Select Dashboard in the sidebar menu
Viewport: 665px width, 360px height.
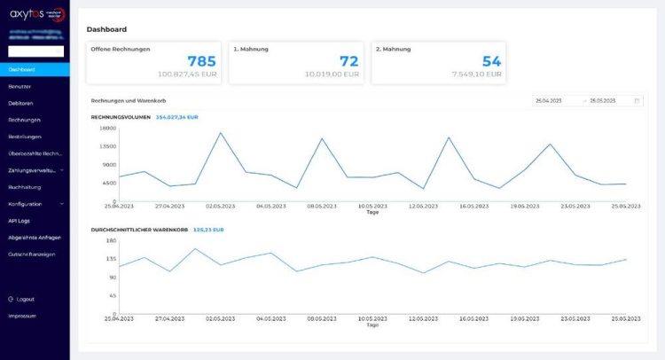coord(21,69)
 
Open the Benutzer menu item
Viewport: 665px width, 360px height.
coord(20,86)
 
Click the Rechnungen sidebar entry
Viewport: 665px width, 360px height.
coord(24,120)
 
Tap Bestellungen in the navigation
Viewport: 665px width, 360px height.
coord(25,137)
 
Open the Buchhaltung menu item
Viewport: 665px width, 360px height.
coord(25,187)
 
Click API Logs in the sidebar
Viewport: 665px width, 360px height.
coord(19,220)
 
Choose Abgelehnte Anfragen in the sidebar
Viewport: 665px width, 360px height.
coord(35,237)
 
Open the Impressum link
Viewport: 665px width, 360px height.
coord(22,316)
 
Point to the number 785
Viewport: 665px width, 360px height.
coord(201,61)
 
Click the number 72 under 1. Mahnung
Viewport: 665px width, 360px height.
coord(349,61)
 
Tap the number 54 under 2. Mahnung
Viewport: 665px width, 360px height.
coord(491,61)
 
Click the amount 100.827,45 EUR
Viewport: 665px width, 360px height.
coord(187,75)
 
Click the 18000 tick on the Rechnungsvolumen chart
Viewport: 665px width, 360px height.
coord(107,129)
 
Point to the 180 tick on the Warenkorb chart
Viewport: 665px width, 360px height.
coord(112,240)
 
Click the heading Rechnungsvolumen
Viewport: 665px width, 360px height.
coord(121,117)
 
